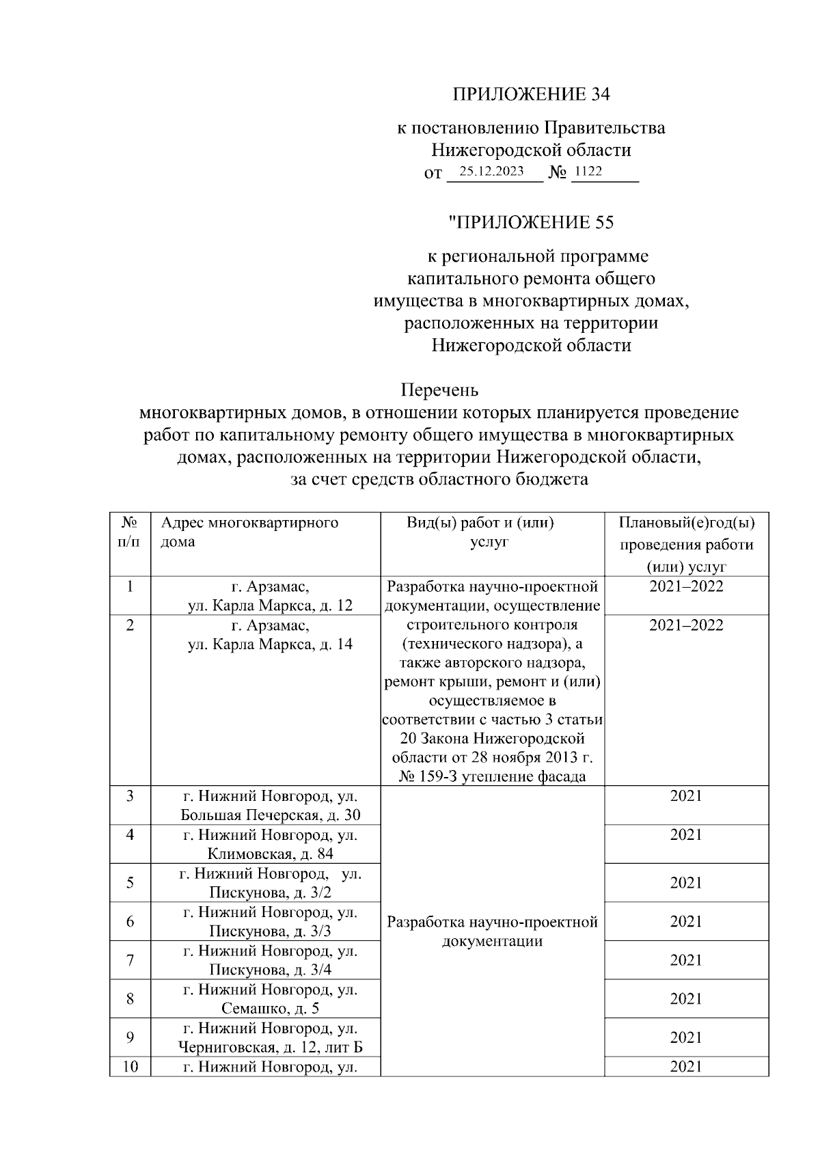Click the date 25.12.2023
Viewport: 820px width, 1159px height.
tap(491, 172)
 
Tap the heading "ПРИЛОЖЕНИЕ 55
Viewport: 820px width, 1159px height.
tap(531, 222)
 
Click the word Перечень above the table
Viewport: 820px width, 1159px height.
tap(439, 390)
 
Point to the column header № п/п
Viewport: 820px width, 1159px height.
tap(130, 532)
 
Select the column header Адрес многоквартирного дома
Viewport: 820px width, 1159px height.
tap(249, 532)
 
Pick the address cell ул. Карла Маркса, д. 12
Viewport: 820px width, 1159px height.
tap(270, 605)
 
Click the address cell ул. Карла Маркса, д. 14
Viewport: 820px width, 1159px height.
tap(270, 644)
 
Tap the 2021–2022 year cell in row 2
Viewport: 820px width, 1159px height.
tap(685, 625)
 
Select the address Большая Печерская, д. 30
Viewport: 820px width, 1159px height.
tap(270, 815)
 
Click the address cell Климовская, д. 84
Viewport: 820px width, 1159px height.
tap(270, 854)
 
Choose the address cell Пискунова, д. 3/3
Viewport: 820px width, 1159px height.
tap(270, 931)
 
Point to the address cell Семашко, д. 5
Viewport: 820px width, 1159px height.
tap(270, 1008)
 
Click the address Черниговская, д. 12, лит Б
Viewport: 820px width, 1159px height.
tap(270, 1047)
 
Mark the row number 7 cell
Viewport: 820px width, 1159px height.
tap(130, 960)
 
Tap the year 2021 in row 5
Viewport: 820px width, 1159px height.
tap(685, 882)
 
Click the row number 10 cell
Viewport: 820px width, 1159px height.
tap(130, 1066)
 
